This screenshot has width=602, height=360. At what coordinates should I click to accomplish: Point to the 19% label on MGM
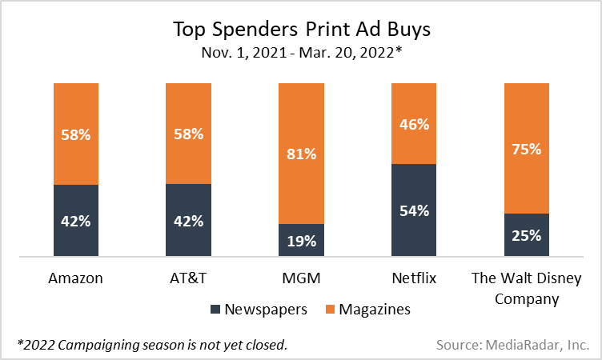[x=301, y=240]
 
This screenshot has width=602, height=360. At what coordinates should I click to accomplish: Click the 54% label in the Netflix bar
[x=415, y=210]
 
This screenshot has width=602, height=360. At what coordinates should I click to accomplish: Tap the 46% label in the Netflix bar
[x=415, y=124]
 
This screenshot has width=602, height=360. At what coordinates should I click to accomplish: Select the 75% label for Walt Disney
[x=526, y=149]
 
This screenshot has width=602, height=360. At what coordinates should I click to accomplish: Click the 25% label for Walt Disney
[x=526, y=235]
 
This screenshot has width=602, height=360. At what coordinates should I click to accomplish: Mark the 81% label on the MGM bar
[x=301, y=154]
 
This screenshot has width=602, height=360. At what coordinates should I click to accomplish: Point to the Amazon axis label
[x=76, y=278]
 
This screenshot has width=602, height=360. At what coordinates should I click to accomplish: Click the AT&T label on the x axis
[x=188, y=278]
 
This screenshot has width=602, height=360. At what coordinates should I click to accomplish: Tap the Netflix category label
[x=415, y=278]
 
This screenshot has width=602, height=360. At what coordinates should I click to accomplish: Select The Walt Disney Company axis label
[x=526, y=288]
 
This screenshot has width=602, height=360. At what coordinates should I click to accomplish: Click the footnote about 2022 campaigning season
[x=152, y=345]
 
